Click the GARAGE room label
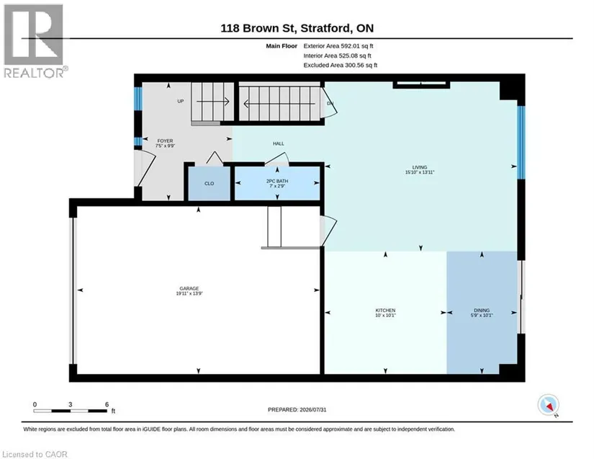pos(189,288)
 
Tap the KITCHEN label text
pos(385,311)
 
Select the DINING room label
pos(482,310)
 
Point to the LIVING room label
pos(420,167)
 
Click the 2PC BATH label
pos(277,181)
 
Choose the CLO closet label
pos(209,184)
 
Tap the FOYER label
pos(165,141)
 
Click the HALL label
pos(279,143)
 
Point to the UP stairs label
pos(181,101)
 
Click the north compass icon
pos(548,405)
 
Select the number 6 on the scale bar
pos(107,404)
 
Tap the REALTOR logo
pos(34,41)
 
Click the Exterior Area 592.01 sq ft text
pos(338,46)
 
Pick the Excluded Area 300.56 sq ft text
pos(340,65)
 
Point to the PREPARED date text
pos(297,410)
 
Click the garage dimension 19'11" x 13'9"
pos(189,293)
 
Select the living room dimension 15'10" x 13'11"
pos(420,172)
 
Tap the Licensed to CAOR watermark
pos(35,454)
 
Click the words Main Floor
pos(282,46)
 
